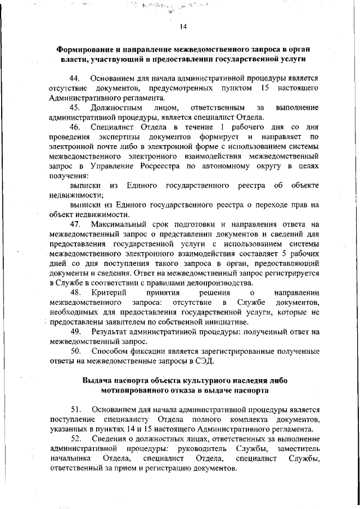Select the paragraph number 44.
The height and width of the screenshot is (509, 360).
click(75, 78)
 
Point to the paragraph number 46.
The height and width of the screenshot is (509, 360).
click(75, 127)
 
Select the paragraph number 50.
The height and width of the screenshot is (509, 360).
click(75, 352)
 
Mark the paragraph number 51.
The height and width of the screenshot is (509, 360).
click(75, 410)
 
